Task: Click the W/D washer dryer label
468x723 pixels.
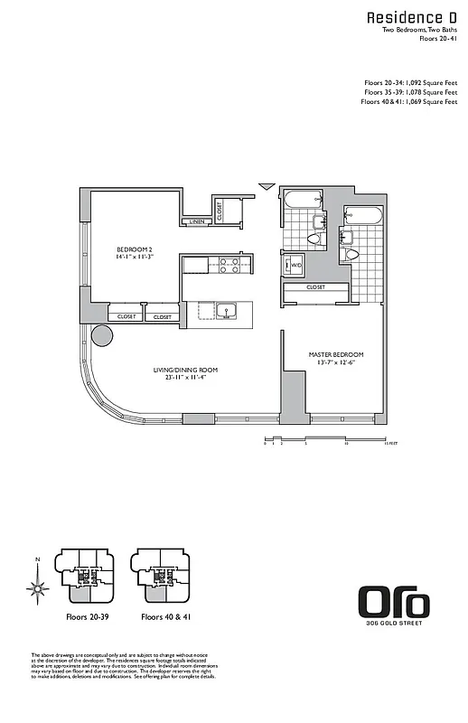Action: pyautogui.click(x=295, y=265)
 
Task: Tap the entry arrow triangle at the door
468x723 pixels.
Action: pyautogui.click(x=266, y=186)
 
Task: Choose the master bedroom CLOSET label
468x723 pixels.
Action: pyautogui.click(x=315, y=287)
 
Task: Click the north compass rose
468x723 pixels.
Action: pyautogui.click(x=37, y=590)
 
